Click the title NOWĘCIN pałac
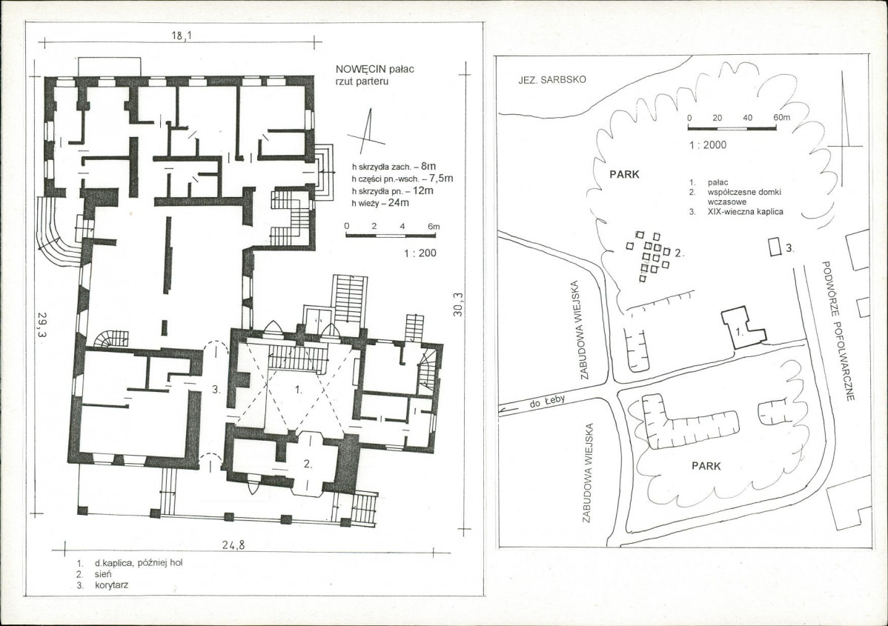[x=374, y=69]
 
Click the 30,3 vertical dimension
[x=458, y=304]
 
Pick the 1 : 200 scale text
[x=420, y=253]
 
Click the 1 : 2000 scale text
[x=708, y=145]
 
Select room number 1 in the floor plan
[x=299, y=390]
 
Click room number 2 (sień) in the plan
[x=308, y=464]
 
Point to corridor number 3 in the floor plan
[x=215, y=390]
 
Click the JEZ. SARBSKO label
[x=552, y=80]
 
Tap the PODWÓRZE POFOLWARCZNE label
[x=837, y=331]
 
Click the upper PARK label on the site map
[x=624, y=174]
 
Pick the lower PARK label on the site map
[x=706, y=466]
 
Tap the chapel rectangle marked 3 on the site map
[x=774, y=247]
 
